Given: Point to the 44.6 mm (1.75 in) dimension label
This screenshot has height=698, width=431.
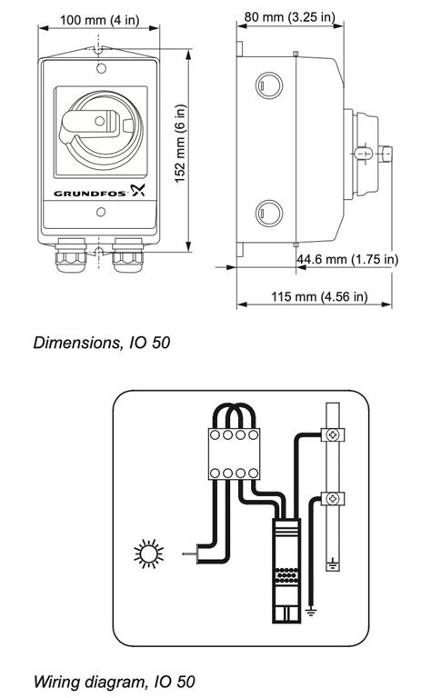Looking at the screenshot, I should coord(347,259).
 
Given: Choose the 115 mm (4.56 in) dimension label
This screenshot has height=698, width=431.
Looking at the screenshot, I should coord(318,296).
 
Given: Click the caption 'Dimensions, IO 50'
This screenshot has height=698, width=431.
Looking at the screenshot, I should coord(102,344).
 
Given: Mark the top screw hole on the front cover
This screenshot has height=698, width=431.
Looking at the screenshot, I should coord(100,67).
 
